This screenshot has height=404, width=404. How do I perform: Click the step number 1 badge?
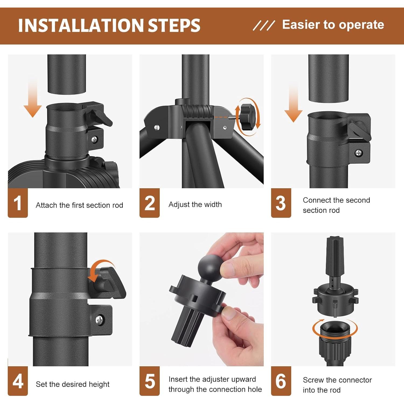[x=18, y=203]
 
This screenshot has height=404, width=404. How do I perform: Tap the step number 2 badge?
[x=149, y=203]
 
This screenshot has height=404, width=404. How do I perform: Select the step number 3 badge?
[x=281, y=203]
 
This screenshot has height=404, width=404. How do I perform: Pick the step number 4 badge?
[x=18, y=381]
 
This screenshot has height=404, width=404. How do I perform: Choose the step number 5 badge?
[x=149, y=381]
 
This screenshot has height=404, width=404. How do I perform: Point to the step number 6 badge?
[x=281, y=381]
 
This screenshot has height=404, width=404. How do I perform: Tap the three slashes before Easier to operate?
[x=264, y=25]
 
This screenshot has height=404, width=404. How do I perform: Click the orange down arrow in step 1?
[x=33, y=100]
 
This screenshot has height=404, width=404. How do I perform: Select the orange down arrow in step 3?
[x=294, y=104]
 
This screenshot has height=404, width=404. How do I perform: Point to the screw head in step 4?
[x=100, y=320]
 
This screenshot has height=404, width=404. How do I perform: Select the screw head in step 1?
[x=94, y=139]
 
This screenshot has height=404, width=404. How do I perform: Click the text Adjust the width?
[x=195, y=204]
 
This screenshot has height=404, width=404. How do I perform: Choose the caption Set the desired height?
[x=72, y=384]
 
